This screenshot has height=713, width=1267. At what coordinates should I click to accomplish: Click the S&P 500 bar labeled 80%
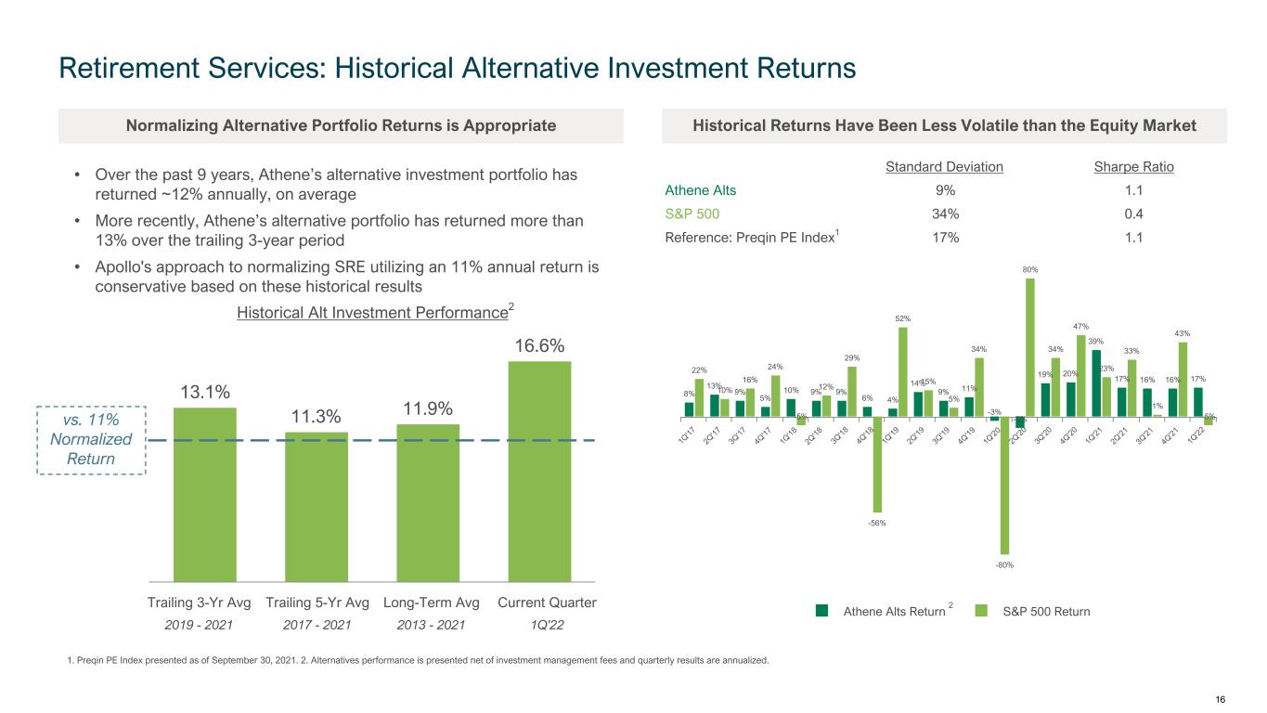click(1029, 347)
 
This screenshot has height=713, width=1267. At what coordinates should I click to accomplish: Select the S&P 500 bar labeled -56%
click(878, 464)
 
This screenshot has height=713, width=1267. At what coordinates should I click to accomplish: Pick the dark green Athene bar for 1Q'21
click(1097, 383)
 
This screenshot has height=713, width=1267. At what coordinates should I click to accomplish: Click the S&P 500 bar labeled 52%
click(903, 371)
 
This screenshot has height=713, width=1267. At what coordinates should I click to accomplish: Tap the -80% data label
click(1003, 563)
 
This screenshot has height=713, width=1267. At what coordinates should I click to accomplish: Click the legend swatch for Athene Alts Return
click(821, 611)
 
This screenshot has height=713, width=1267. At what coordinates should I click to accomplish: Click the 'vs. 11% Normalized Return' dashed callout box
click(90, 440)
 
